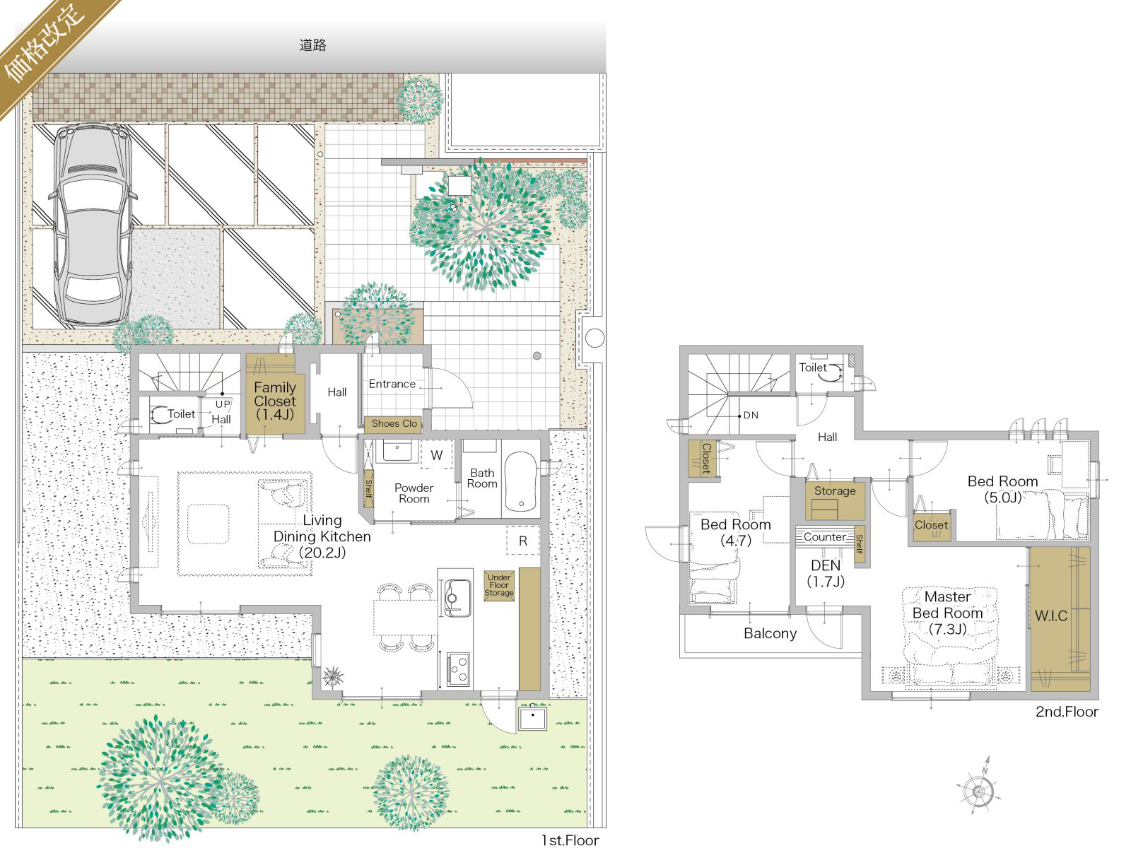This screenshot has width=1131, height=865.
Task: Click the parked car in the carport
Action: [93, 225]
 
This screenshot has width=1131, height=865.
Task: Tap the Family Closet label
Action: [275, 401]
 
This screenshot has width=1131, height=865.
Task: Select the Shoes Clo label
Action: [394, 423]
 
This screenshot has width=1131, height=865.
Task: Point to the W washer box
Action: [436, 455]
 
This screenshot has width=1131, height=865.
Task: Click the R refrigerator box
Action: [523, 541]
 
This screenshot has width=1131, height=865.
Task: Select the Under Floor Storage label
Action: [499, 585]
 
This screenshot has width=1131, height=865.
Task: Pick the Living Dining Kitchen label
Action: [322, 536]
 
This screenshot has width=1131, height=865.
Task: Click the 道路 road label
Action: [312, 45]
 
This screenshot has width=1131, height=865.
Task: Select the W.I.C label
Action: [1050, 616]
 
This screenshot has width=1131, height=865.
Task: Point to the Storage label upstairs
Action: [835, 491]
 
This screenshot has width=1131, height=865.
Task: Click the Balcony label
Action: [770, 633]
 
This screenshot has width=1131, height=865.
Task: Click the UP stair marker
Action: [223, 404]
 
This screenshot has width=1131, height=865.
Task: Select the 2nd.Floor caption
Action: [1067, 712]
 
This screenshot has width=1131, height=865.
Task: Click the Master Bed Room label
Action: [947, 613]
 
